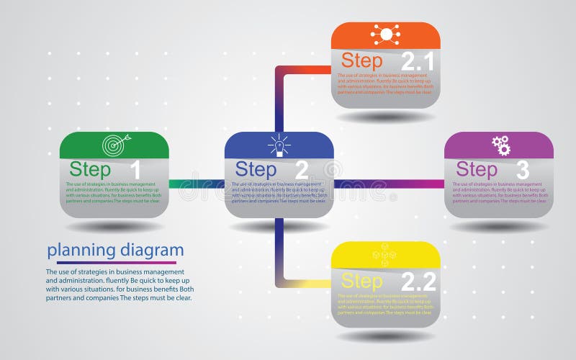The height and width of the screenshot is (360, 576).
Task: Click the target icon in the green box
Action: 114,145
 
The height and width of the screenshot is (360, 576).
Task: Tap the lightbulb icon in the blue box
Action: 279,145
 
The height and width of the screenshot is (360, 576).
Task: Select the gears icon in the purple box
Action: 501,145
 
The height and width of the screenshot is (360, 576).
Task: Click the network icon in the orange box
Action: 385,34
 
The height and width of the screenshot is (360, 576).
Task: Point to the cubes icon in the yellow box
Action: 384,255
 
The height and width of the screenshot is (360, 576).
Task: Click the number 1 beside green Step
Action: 135,170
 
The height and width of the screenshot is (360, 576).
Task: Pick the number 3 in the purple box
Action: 522,170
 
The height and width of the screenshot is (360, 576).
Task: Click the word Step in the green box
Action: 91,170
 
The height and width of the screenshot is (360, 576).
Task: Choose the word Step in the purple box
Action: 477,170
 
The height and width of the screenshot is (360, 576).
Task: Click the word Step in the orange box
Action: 362,60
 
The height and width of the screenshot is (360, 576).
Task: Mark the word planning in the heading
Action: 81,251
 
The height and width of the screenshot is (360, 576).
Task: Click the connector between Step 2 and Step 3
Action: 389,184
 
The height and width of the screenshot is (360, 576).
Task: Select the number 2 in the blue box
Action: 301,170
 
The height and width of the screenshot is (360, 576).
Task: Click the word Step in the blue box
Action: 256,170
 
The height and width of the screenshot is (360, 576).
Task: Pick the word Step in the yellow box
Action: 362,281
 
